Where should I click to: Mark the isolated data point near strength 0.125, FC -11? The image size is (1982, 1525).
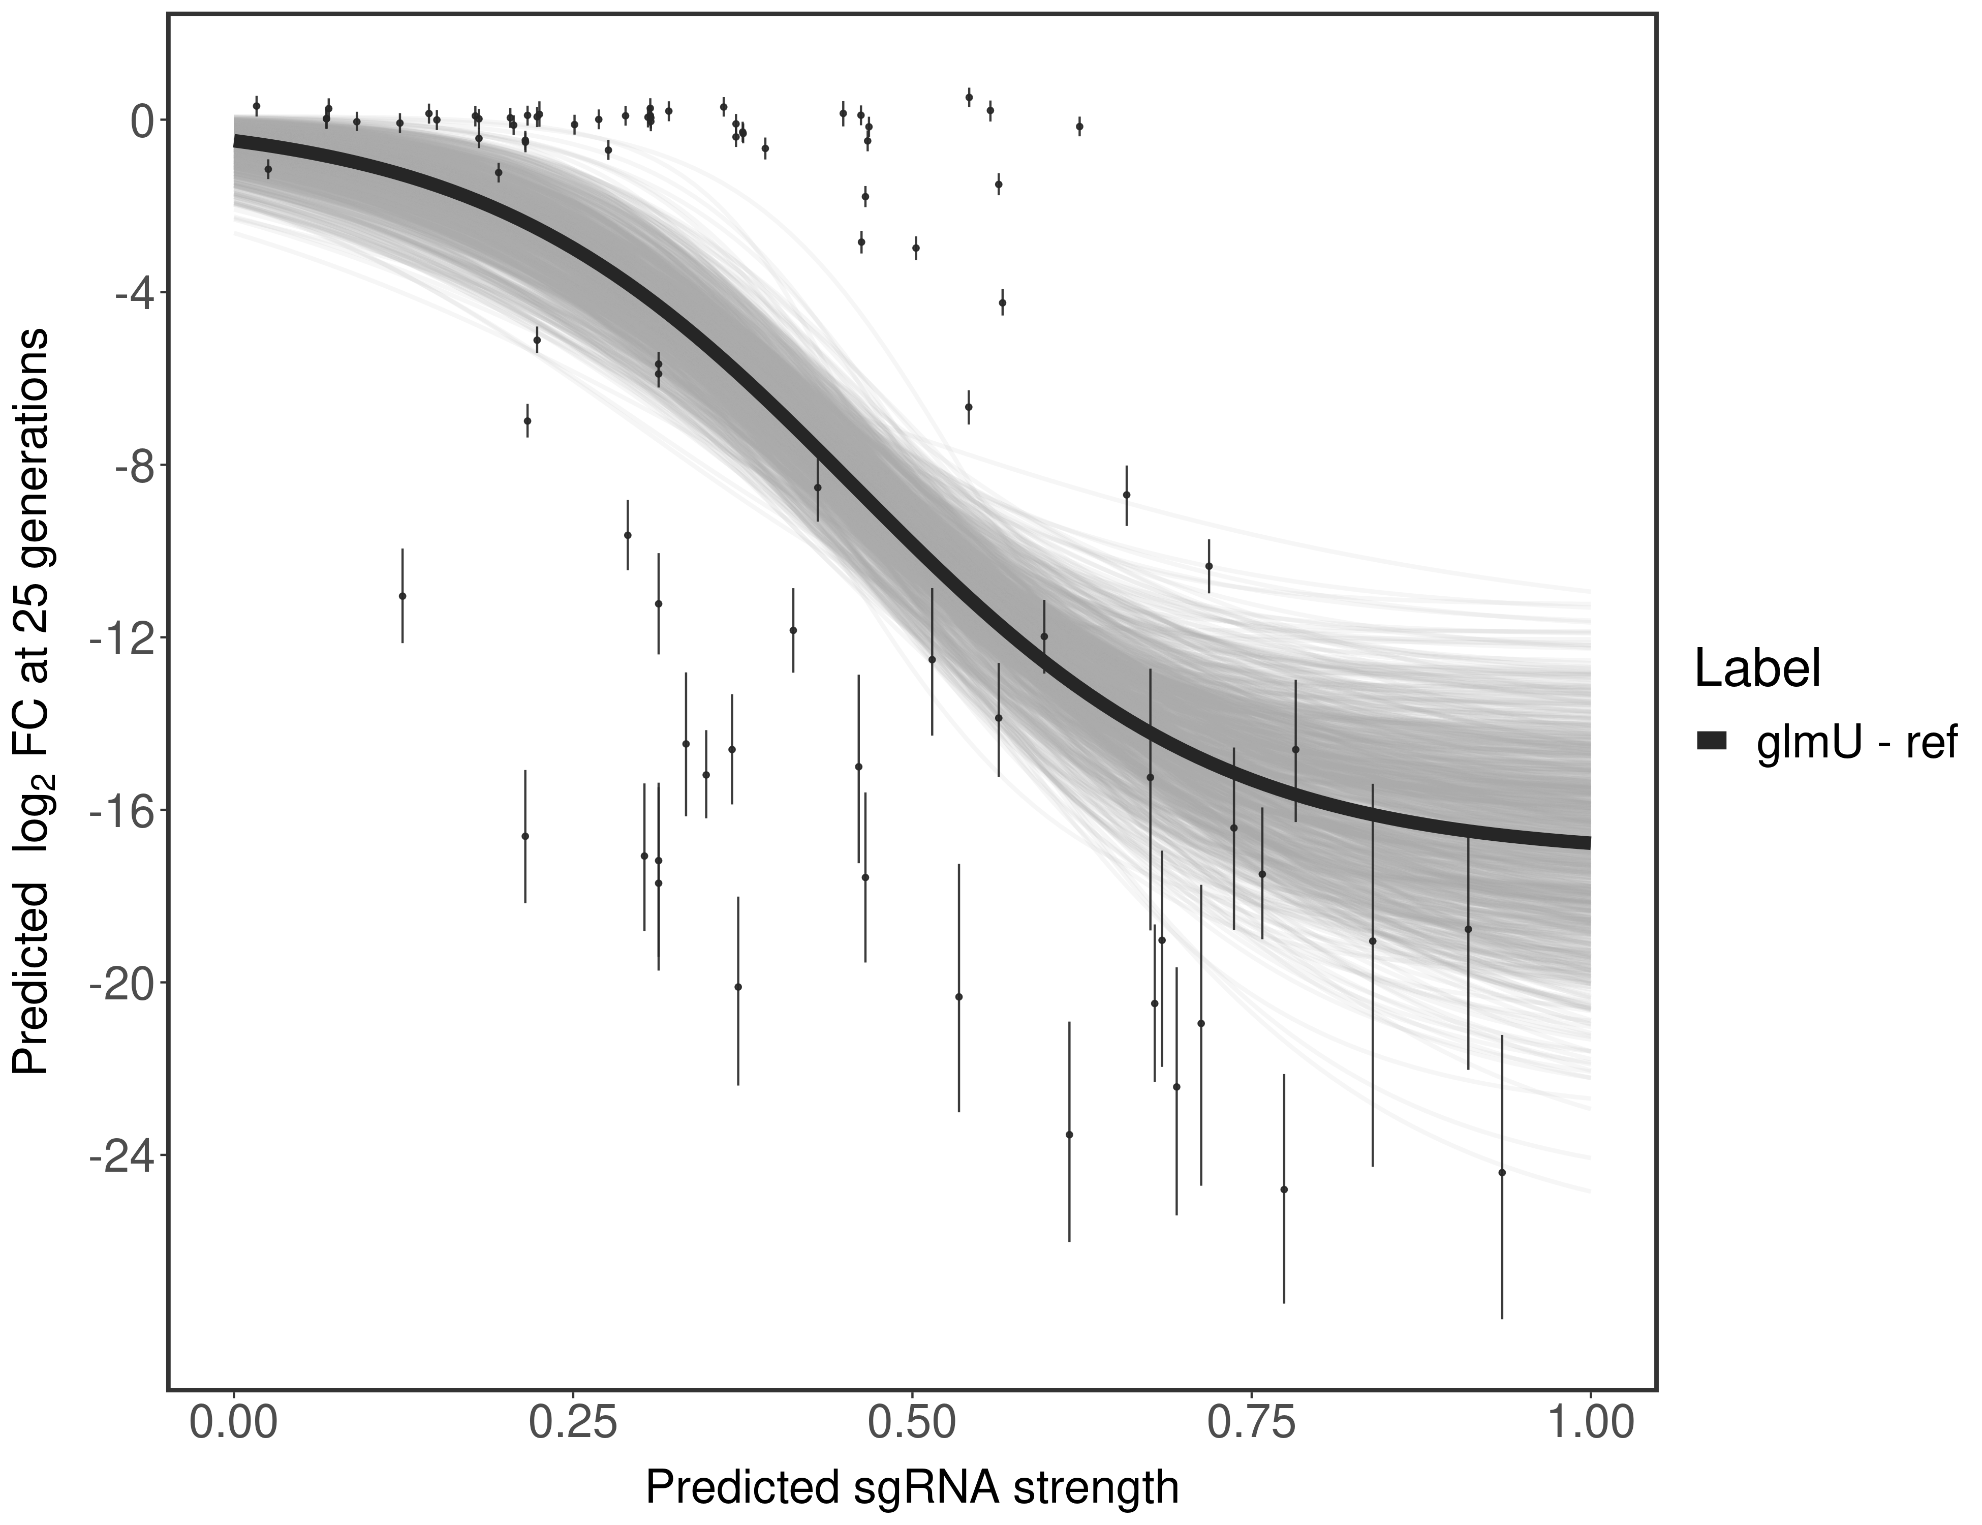402,595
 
